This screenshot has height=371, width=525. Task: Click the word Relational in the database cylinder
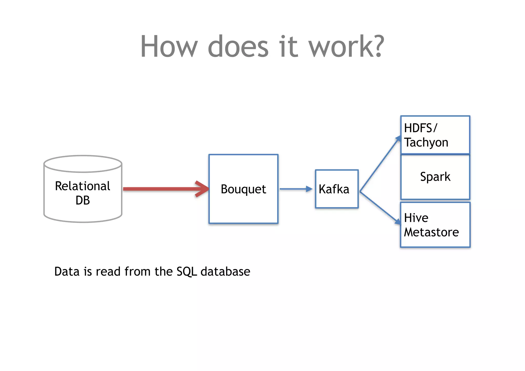(83, 186)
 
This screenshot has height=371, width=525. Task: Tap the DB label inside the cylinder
(83, 200)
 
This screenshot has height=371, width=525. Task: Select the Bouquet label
(243, 189)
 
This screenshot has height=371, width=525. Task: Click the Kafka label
(334, 189)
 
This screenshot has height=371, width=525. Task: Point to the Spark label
(435, 177)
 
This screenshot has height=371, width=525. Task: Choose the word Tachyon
(426, 143)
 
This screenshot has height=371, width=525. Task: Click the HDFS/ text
(420, 128)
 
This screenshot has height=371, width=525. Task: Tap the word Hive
(416, 218)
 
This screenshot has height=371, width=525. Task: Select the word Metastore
(431, 232)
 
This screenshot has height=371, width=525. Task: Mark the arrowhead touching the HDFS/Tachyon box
(398, 139)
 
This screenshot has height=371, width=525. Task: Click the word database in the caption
(225, 272)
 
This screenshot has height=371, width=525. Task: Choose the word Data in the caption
(67, 272)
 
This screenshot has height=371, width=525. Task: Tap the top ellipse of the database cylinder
(83, 164)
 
